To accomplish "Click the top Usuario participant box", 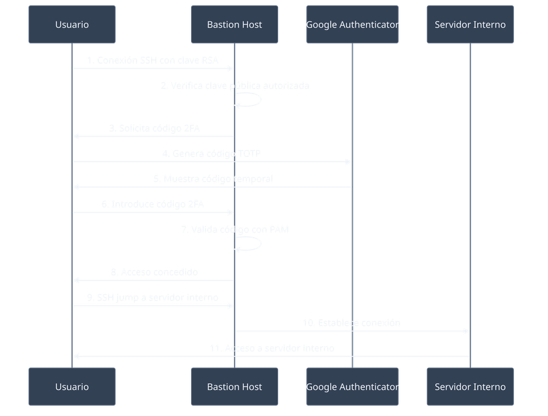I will click(x=72, y=25).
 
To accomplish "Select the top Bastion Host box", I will click(x=234, y=25).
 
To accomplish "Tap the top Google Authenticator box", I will click(x=352, y=25).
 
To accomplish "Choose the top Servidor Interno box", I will click(x=470, y=25).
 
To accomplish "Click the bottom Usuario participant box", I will click(x=72, y=387).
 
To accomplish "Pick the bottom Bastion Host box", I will click(x=234, y=387).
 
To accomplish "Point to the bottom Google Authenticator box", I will click(x=352, y=387).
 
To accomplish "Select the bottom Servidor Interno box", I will click(x=470, y=387).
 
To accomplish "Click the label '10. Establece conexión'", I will click(x=352, y=323).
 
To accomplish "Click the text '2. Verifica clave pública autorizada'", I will click(x=235, y=86).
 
